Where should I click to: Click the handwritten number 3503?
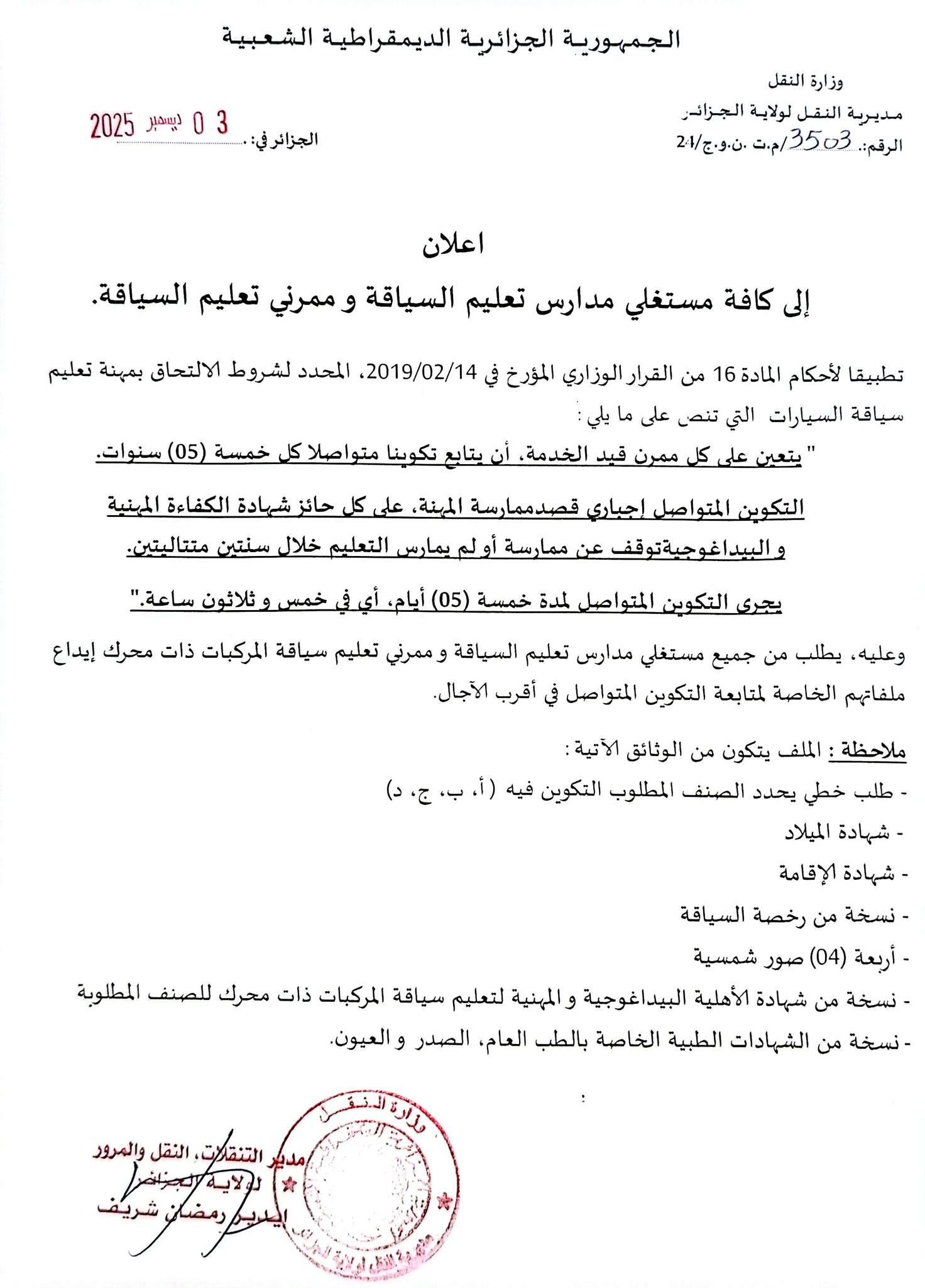pyautogui.click(x=821, y=140)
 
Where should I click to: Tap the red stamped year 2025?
pyautogui.click(x=113, y=126)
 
